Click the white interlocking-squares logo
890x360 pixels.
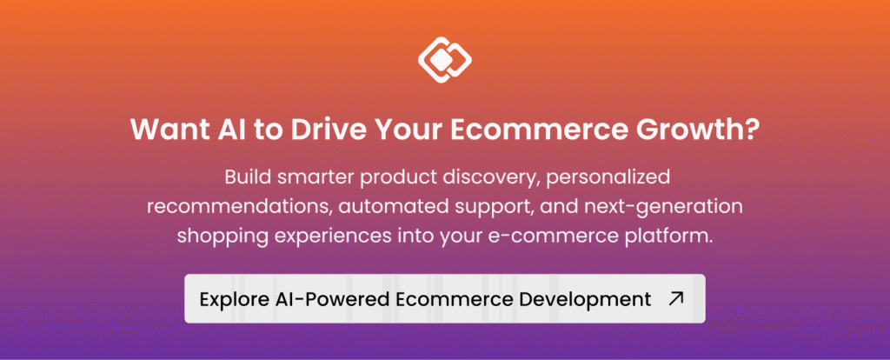point(445,60)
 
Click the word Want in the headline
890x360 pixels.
point(161,130)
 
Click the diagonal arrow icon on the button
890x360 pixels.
point(676,298)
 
